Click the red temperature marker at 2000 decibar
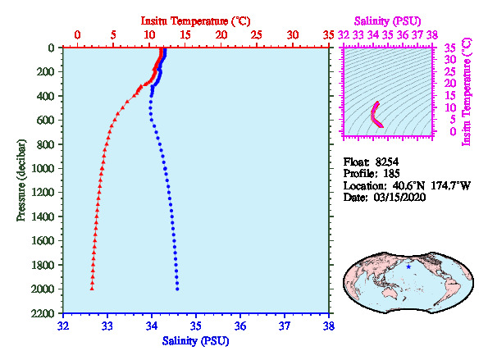(x=92, y=289)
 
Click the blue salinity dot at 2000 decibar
(x=177, y=289)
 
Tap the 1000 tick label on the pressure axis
(x=43, y=168)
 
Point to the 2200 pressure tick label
(x=43, y=313)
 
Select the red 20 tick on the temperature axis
(x=221, y=34)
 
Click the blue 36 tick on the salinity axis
(x=240, y=326)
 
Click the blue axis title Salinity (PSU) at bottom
(x=195, y=341)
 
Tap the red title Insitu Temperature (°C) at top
(x=195, y=21)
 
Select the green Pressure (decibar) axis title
(x=21, y=180)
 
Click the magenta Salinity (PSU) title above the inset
(x=387, y=21)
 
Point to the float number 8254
(x=387, y=162)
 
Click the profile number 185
(x=391, y=173)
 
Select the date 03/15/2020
(x=399, y=198)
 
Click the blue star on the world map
(x=408, y=267)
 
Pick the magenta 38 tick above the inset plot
(x=432, y=34)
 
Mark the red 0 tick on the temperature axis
(x=77, y=34)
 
